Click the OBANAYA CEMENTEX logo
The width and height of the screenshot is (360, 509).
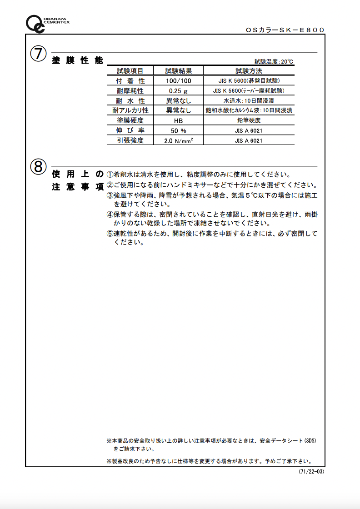[45, 23]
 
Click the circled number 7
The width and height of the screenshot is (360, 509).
[38, 54]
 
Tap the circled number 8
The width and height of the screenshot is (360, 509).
[38, 167]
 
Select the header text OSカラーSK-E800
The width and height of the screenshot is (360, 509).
[285, 30]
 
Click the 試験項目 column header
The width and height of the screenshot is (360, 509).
[130, 71]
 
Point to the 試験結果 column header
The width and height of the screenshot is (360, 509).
[178, 71]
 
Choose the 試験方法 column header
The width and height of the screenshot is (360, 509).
[249, 71]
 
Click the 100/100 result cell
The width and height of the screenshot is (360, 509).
[178, 81]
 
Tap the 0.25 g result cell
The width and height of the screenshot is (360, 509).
[178, 91]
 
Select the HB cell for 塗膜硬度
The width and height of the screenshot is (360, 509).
[178, 121]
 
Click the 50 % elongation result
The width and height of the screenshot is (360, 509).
[178, 131]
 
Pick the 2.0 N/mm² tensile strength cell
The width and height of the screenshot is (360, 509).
[178, 141]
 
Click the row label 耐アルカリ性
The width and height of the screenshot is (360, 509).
[130, 110]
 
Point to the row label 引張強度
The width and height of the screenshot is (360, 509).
[130, 140]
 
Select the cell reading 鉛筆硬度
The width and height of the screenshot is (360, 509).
[249, 120]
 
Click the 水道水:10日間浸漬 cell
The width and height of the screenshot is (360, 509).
[249, 100]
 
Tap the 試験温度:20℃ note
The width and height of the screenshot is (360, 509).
[274, 61]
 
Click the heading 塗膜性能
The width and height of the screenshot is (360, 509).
[78, 60]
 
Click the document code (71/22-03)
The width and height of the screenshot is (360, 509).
[311, 472]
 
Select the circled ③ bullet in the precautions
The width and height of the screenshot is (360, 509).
[110, 195]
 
